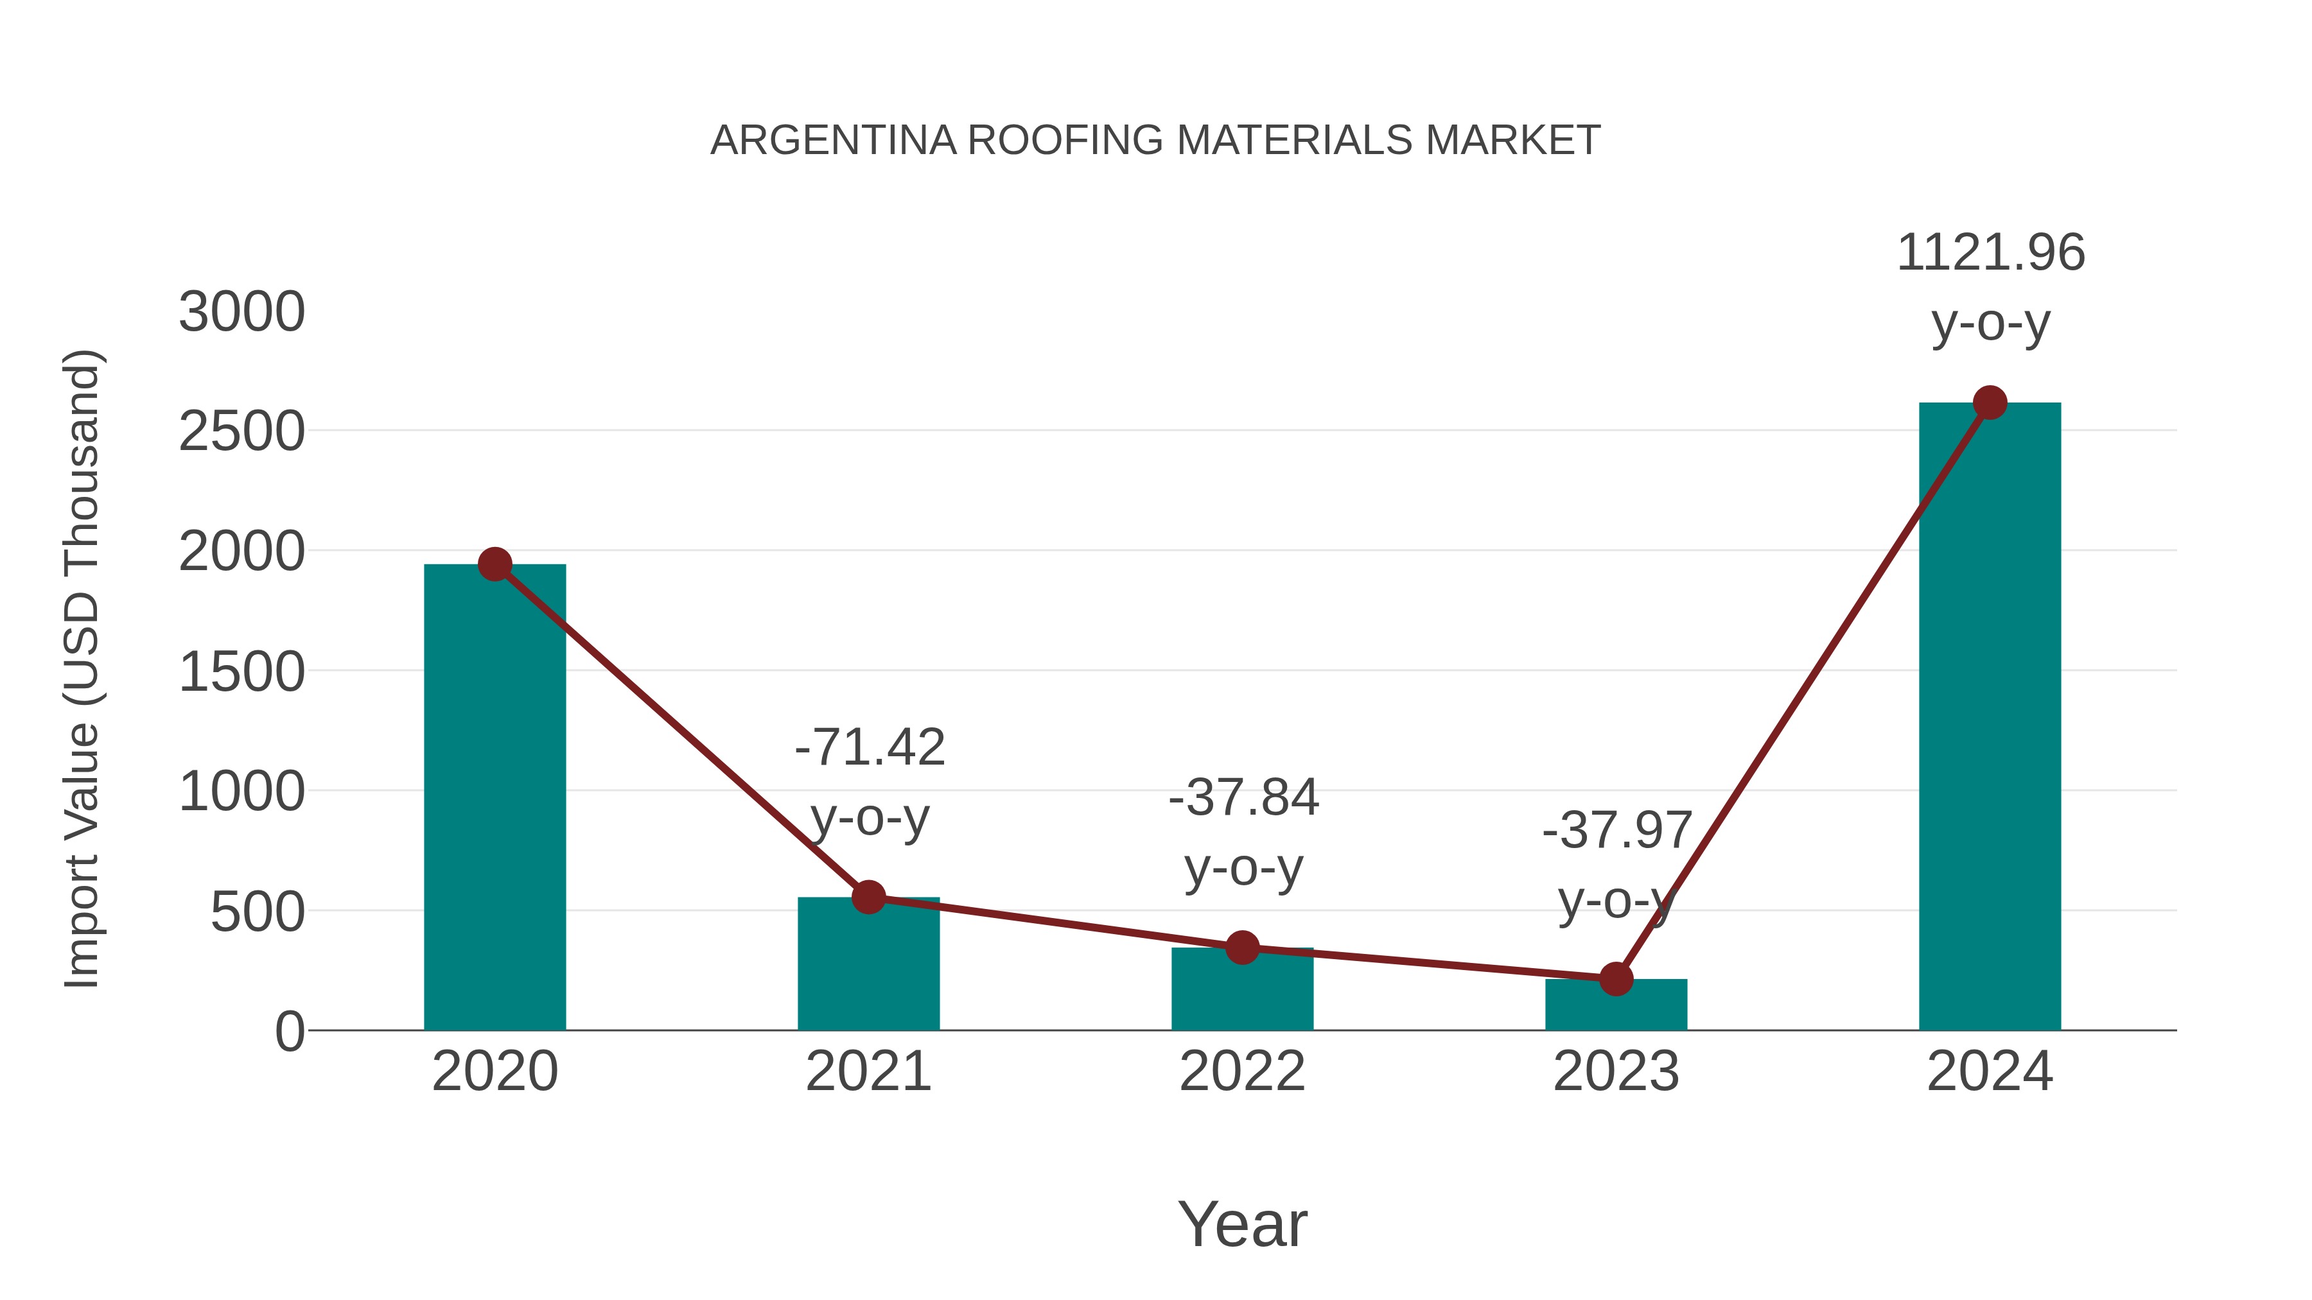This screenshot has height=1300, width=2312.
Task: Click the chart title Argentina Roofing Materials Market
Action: [1155, 141]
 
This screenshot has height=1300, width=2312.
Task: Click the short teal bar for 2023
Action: [1616, 1007]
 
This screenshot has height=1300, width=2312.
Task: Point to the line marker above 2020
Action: [495, 564]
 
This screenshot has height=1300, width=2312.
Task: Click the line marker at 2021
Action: [868, 896]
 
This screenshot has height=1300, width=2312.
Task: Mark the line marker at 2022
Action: [1242, 948]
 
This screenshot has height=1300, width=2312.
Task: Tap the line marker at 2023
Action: [1616, 979]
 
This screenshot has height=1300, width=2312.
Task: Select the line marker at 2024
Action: [1990, 403]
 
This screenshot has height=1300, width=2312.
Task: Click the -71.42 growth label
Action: [870, 747]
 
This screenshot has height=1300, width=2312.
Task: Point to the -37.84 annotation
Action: [1243, 797]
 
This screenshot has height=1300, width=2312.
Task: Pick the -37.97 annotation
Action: [1616, 831]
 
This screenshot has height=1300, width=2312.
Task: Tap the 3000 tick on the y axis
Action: [241, 313]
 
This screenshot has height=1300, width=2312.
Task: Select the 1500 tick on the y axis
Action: [241, 673]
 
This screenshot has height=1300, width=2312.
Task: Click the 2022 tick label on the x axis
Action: [1242, 1071]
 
